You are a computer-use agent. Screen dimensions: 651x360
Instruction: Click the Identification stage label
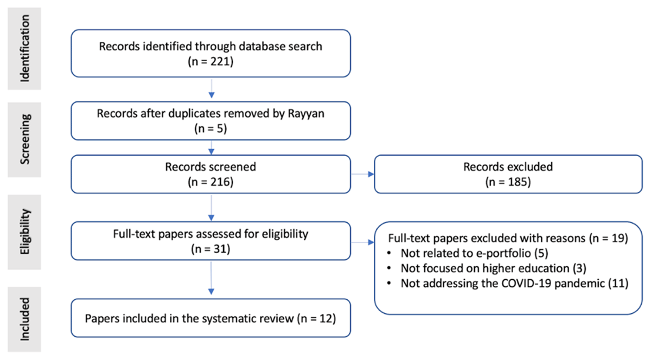click(25, 48)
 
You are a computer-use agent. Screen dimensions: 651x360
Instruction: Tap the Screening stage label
click(25, 139)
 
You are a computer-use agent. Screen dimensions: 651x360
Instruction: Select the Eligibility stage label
click(25, 232)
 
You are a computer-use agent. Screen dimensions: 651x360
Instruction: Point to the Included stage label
click(25, 319)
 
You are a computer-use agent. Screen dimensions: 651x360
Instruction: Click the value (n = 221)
click(210, 62)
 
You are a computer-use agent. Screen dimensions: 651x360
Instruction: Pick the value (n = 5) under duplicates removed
click(210, 128)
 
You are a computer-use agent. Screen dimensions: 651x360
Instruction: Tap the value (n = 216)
click(210, 182)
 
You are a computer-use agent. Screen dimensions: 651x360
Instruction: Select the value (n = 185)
click(508, 182)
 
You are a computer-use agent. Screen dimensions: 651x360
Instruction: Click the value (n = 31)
click(210, 249)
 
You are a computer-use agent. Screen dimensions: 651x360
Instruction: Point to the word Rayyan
click(306, 114)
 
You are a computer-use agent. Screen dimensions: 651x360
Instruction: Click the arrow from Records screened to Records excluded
click(363, 174)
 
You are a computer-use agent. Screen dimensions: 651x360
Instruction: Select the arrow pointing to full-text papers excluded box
click(363, 242)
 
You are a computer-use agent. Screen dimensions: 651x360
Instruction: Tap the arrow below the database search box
click(212, 88)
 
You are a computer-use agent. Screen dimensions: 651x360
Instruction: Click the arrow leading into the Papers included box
click(211, 278)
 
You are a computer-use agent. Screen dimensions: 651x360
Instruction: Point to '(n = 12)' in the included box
click(316, 319)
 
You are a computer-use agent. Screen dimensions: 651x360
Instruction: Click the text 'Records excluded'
click(508, 167)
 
